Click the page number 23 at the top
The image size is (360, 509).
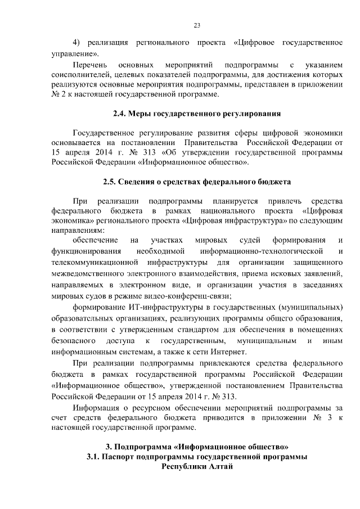tap(197, 25)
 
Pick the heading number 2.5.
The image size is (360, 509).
tap(111, 182)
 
